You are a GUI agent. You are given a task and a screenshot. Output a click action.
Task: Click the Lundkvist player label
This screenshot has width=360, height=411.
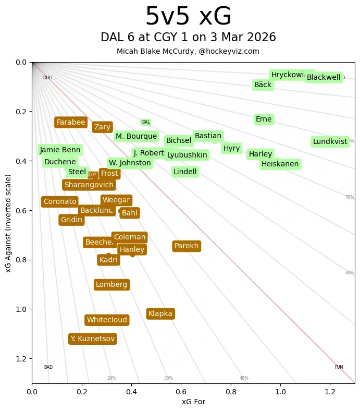(x=330, y=141)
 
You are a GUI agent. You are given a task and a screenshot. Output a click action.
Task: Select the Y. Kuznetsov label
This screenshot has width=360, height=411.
(x=93, y=339)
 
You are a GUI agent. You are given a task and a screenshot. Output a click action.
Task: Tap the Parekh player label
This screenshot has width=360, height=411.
(x=187, y=246)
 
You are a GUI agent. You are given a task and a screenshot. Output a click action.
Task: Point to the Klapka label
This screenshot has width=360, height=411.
(x=160, y=314)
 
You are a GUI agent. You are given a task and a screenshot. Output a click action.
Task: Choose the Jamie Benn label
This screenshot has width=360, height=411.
(x=60, y=150)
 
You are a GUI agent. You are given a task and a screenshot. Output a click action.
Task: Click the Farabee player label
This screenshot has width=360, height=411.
(x=71, y=123)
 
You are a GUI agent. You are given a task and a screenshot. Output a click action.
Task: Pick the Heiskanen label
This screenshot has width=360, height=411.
(x=280, y=164)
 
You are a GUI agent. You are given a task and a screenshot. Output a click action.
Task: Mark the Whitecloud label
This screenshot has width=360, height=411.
(x=107, y=320)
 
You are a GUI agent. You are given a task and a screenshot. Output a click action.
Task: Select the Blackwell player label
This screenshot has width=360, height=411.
(x=324, y=78)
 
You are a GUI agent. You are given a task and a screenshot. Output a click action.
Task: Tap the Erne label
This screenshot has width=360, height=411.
(x=264, y=119)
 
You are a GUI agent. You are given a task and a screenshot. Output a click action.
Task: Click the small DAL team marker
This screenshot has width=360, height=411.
(x=146, y=122)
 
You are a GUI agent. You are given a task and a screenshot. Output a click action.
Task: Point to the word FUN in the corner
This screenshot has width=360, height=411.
(x=339, y=367)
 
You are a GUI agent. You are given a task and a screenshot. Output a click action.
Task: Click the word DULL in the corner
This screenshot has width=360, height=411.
(x=48, y=78)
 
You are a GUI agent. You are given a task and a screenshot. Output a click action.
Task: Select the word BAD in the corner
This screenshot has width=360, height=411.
(x=48, y=367)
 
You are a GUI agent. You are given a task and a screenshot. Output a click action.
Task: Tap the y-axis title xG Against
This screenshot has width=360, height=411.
(x=9, y=223)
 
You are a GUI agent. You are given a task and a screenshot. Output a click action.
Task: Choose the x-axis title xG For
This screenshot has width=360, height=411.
(x=193, y=402)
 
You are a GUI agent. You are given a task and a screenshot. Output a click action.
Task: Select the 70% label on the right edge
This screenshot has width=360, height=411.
(x=349, y=197)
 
